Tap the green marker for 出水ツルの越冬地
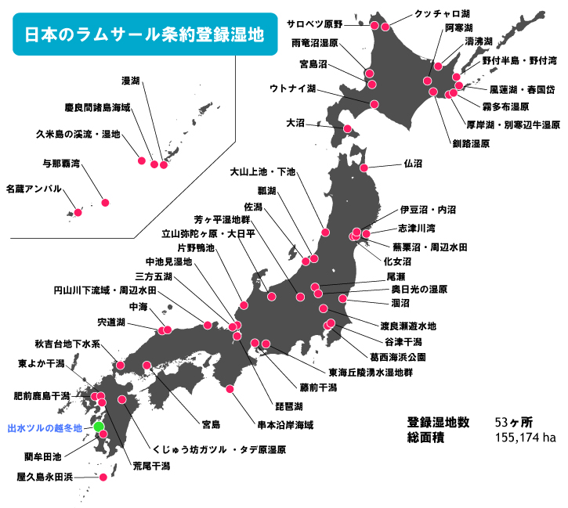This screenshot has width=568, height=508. [x=99, y=427]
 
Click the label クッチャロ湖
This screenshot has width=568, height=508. [x=443, y=14]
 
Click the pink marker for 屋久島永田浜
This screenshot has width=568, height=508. [x=103, y=476]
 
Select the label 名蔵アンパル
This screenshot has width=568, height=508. [x=32, y=189]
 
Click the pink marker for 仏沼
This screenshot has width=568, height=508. [x=364, y=168]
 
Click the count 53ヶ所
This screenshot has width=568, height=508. [x=514, y=422]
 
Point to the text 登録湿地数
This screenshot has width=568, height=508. [x=438, y=422]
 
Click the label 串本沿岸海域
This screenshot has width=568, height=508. [x=285, y=425]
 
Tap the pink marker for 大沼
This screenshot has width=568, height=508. [x=348, y=129]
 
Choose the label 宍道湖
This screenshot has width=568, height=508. [x=110, y=322]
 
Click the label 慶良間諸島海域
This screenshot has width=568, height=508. [x=98, y=106]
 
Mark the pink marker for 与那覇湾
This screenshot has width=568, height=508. [x=106, y=203]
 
